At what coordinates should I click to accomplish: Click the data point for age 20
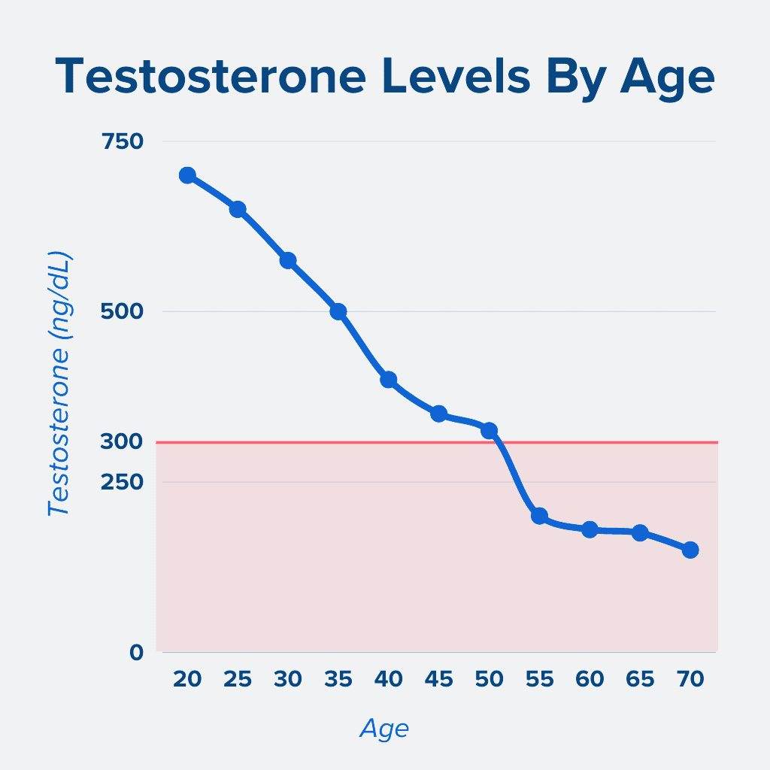[x=187, y=175]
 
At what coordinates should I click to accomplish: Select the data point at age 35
[x=338, y=311]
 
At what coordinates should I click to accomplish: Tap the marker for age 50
[x=489, y=430]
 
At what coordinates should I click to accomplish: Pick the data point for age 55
[x=539, y=516]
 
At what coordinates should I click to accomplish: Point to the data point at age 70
[x=690, y=550]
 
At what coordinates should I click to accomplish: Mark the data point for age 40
[x=389, y=379]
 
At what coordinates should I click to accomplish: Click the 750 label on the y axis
[x=122, y=141]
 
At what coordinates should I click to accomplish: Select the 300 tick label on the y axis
[x=122, y=441]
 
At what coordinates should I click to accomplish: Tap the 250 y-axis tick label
[x=122, y=481]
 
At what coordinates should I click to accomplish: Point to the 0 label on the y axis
[x=136, y=652]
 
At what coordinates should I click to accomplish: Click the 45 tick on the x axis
[x=438, y=680]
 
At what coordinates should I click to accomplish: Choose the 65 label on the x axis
[x=640, y=680]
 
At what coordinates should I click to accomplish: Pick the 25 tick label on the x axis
[x=238, y=680]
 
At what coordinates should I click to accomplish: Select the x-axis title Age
[x=384, y=729]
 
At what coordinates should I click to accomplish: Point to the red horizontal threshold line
[x=602, y=442]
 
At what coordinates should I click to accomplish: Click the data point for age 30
[x=288, y=260]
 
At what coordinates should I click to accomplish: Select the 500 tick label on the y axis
[x=122, y=311]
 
